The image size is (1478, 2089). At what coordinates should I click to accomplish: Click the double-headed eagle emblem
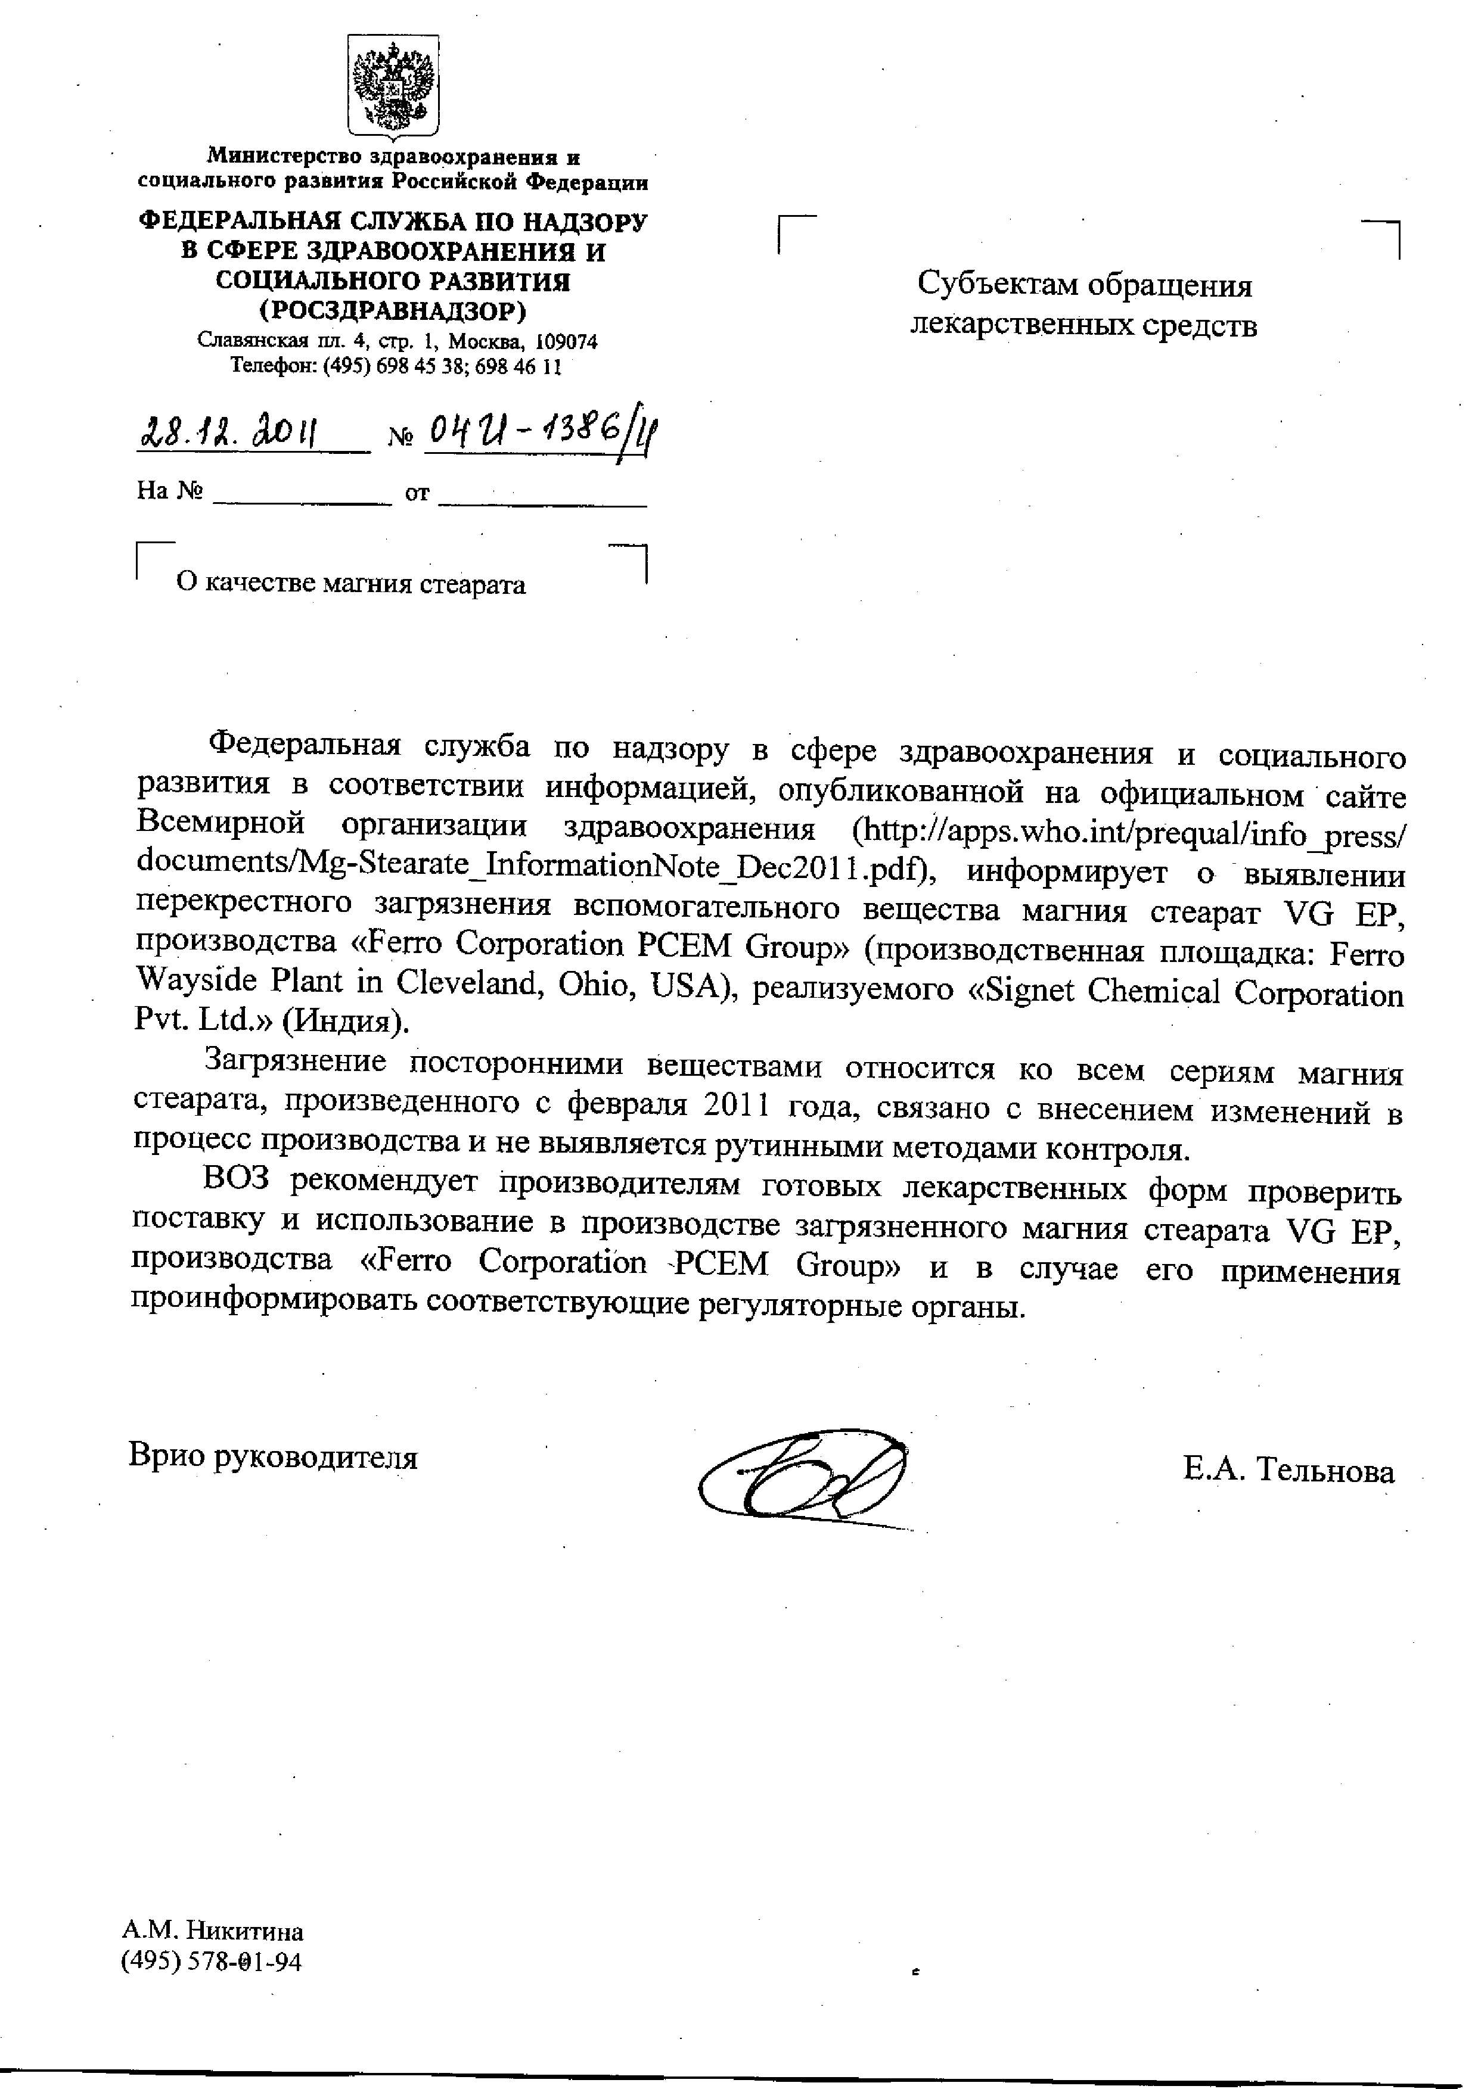pos(393,86)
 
